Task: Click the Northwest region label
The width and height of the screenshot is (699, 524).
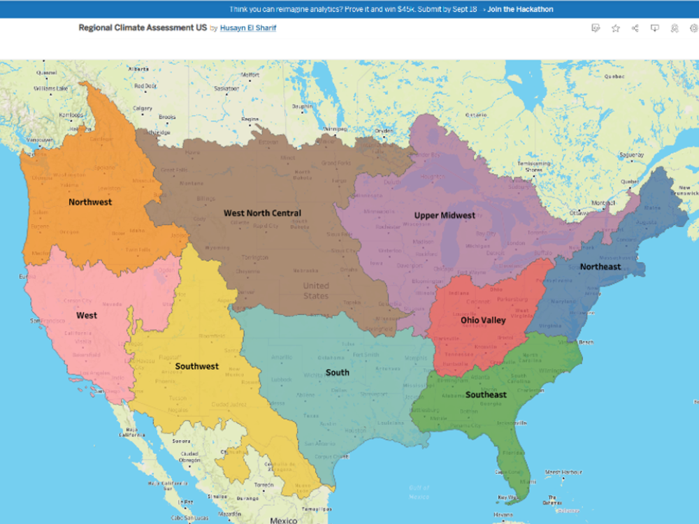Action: [90, 202]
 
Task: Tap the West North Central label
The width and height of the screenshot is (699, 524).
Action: [262, 213]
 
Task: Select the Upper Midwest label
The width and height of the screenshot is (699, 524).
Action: [445, 215]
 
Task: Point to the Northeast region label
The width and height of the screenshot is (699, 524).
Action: [600, 266]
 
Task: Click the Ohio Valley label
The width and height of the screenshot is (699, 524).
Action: [483, 320]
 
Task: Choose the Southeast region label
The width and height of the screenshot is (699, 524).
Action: [486, 395]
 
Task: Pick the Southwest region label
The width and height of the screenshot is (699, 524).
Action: [197, 366]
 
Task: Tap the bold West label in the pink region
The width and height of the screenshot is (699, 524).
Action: [87, 315]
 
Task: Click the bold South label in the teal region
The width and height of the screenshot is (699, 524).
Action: [337, 372]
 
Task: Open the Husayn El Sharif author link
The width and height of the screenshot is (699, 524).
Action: [248, 28]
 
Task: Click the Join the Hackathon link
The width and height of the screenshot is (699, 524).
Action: [520, 9]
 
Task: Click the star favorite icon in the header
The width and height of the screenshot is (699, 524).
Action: [615, 28]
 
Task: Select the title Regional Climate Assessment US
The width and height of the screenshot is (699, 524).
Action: [142, 28]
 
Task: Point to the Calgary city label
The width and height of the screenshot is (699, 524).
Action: [143, 108]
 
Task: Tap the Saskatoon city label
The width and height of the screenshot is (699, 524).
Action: [226, 89]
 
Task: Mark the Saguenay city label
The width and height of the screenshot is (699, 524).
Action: [632, 154]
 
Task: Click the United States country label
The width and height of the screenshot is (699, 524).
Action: [315, 291]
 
